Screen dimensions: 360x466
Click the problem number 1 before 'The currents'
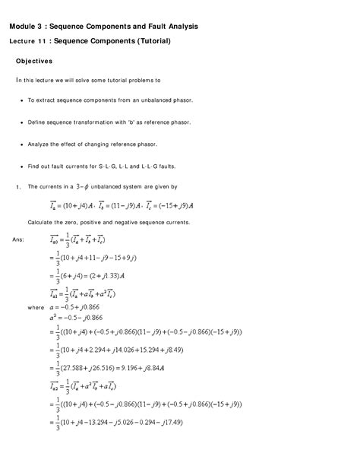(16, 186)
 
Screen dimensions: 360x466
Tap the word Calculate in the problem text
(44, 222)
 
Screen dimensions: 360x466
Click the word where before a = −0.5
(35, 306)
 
